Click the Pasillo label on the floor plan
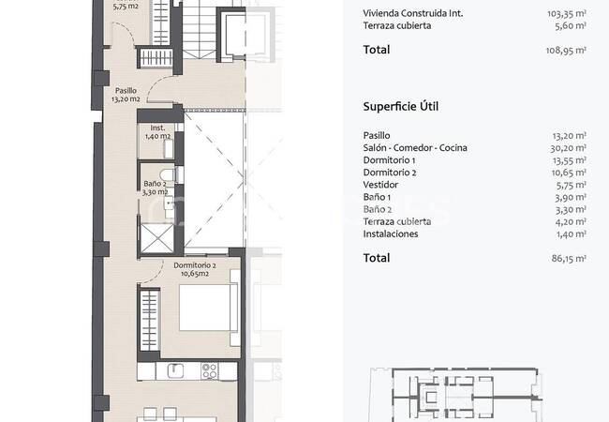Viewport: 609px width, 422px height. tap(126, 95)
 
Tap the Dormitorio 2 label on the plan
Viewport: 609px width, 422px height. tap(195, 269)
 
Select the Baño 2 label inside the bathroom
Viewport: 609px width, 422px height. tap(155, 188)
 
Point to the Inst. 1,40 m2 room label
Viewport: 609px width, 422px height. tap(157, 131)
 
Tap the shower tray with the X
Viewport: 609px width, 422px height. tap(156, 238)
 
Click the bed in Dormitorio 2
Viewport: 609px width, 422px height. tap(208, 308)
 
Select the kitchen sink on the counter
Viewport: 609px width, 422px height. tap(175, 370)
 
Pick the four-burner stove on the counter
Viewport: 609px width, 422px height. tap(209, 370)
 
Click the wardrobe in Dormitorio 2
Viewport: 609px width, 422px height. tap(150, 321)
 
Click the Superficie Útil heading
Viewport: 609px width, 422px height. tap(400, 107)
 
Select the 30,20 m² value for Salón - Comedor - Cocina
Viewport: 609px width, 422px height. tap(568, 148)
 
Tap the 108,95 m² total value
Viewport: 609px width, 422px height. tap(566, 50)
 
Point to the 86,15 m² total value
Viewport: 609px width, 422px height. tap(569, 259)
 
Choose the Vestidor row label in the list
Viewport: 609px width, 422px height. tap(380, 185)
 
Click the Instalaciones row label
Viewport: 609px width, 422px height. tap(391, 234)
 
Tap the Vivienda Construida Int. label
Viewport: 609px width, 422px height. tap(413, 13)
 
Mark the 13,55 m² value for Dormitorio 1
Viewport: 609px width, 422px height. tap(569, 160)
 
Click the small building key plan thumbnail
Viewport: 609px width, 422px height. tap(456, 395)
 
